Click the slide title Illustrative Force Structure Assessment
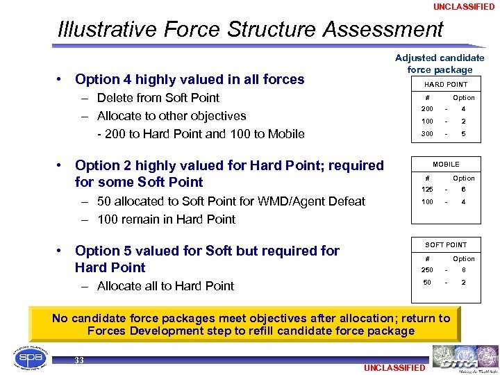tap(251, 30)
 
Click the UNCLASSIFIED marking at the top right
tap(464, 6)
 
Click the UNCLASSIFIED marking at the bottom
tap(394, 367)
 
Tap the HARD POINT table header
tap(446, 85)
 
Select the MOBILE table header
tap(446, 165)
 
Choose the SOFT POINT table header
tap(446, 244)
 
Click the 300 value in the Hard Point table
tap(426, 134)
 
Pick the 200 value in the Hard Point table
tap(426, 109)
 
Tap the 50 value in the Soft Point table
tap(426, 283)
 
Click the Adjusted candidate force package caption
tap(440, 64)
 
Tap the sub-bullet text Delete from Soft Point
tap(158, 98)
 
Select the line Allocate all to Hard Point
tap(165, 286)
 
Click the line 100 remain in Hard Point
tap(166, 219)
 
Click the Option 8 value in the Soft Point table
tap(463, 270)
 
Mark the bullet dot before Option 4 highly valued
tap(62, 80)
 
